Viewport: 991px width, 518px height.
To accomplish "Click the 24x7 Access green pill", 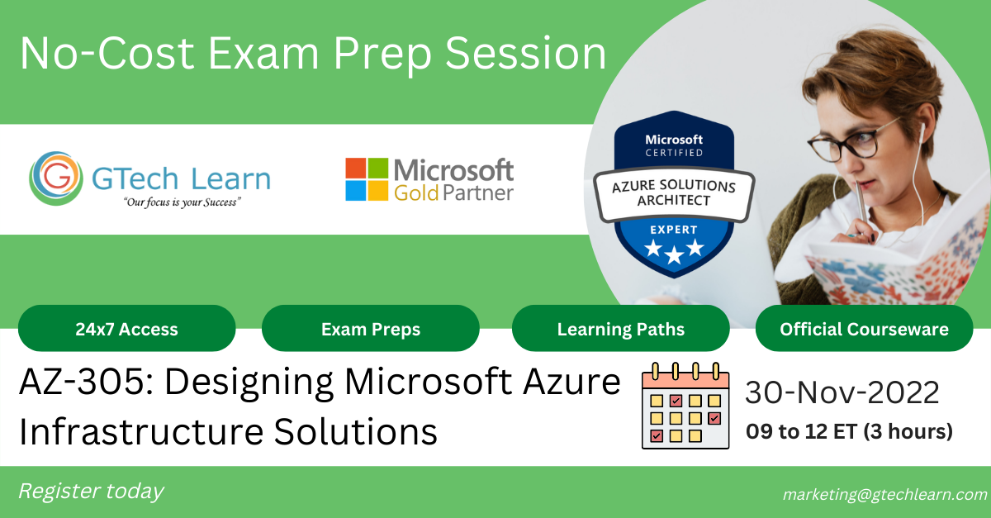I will [126, 329].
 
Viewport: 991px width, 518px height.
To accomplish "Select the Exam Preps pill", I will [371, 329].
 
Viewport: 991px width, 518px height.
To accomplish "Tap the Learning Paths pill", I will [620, 329].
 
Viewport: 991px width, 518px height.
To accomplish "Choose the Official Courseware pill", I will [864, 329].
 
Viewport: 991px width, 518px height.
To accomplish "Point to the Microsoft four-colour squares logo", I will [367, 179].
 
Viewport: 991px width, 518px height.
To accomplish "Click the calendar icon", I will [685, 406].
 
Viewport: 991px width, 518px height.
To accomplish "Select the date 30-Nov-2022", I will [842, 393].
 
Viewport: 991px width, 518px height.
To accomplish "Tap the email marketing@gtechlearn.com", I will [884, 494].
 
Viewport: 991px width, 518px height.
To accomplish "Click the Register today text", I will [91, 492].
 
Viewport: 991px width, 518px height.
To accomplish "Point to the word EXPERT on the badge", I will [674, 230].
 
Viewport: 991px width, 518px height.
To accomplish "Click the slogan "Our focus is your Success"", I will [181, 202].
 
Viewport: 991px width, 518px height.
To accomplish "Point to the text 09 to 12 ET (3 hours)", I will [849, 431].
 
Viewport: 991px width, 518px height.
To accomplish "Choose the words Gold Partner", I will [453, 193].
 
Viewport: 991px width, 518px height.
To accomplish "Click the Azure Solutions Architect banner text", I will [672, 194].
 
